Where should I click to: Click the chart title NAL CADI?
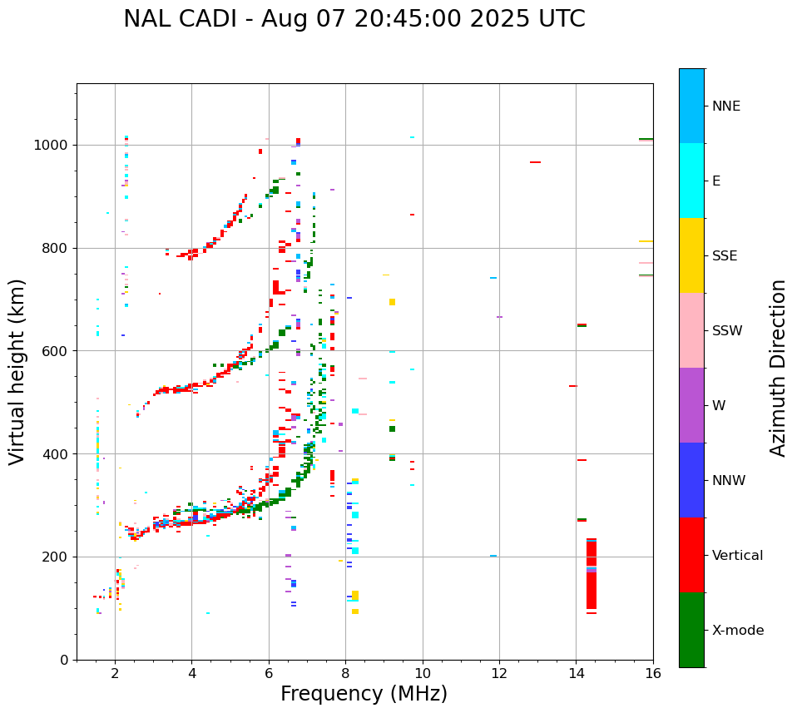(x=354, y=19)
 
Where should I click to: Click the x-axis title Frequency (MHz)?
(x=364, y=694)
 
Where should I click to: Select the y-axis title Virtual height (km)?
(x=17, y=371)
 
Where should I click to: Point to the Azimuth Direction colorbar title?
(x=778, y=367)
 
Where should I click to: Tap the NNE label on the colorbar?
(x=725, y=106)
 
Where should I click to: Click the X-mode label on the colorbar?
(x=737, y=631)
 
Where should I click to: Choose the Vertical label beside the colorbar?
(x=737, y=556)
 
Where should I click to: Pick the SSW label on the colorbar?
(x=727, y=331)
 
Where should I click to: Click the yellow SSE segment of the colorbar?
(x=691, y=255)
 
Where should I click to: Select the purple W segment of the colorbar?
(x=691, y=405)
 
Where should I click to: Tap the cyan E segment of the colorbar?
(x=691, y=180)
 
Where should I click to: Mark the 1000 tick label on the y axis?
(x=52, y=145)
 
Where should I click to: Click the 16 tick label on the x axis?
(x=653, y=673)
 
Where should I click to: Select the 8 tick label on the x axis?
(x=345, y=673)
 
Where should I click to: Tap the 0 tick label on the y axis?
(x=64, y=660)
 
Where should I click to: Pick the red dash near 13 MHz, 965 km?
(x=535, y=162)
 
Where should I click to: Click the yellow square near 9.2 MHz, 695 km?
(x=392, y=302)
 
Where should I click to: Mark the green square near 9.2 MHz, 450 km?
(x=392, y=429)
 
